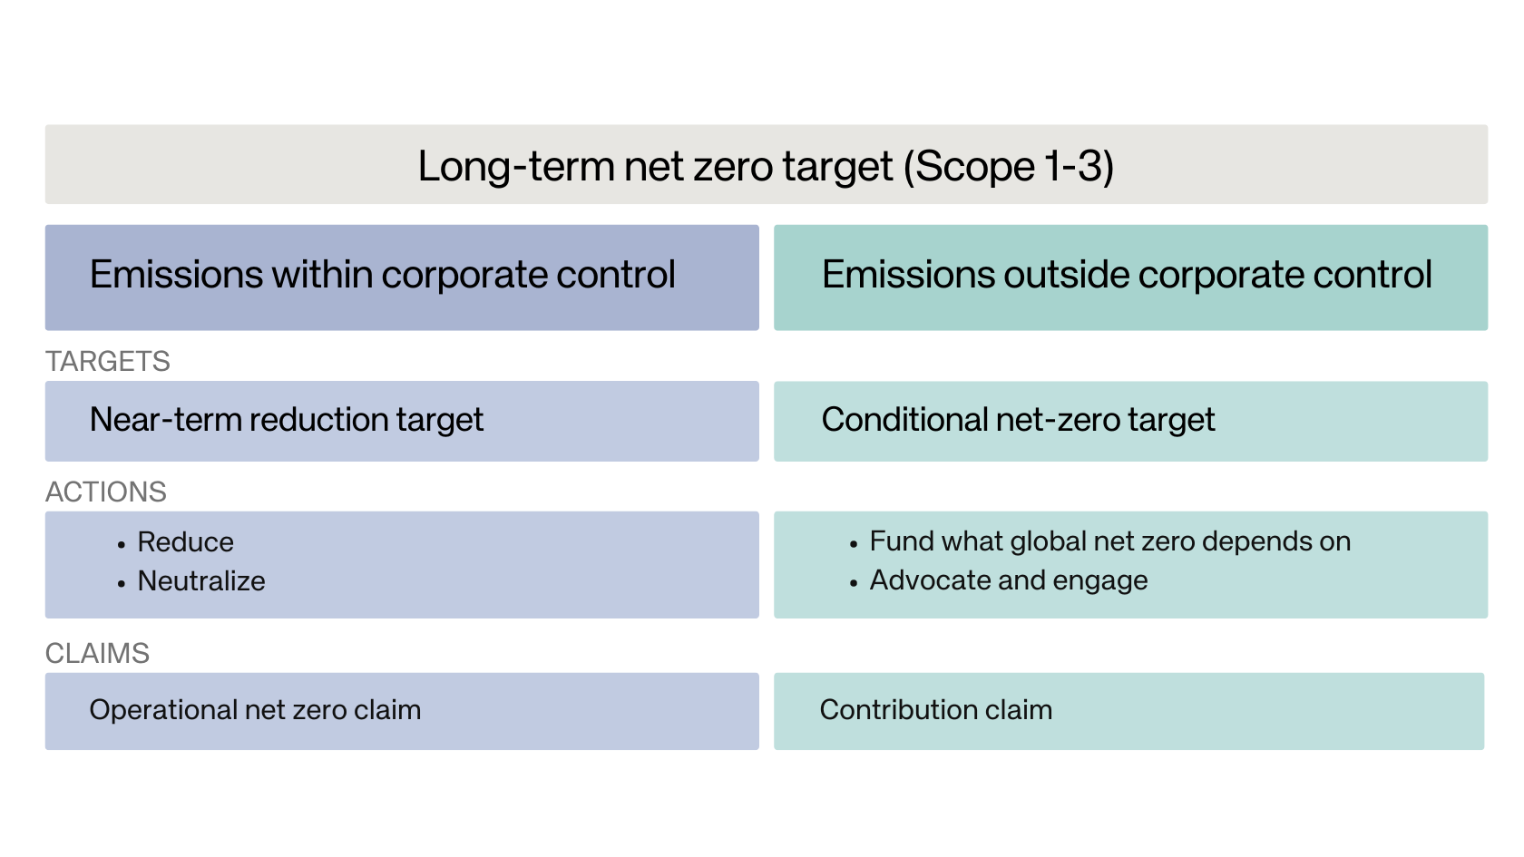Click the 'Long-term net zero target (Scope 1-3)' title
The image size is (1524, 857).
[x=766, y=165]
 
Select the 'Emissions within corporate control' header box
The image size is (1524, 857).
[x=402, y=278]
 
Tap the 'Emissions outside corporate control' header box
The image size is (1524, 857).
[x=1130, y=278]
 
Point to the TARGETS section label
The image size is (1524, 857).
[x=107, y=361]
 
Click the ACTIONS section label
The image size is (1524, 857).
[x=106, y=492]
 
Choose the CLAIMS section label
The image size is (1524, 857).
[x=97, y=653]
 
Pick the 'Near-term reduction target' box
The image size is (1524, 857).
[x=402, y=421]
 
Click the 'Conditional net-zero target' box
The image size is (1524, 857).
[x=1130, y=421]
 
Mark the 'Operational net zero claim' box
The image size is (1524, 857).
[x=402, y=711]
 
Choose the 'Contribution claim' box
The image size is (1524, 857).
[x=1129, y=711]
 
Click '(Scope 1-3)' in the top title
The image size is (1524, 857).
[x=1009, y=166]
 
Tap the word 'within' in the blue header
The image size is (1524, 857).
[x=323, y=274]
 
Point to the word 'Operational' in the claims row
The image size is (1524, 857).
[x=162, y=710]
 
